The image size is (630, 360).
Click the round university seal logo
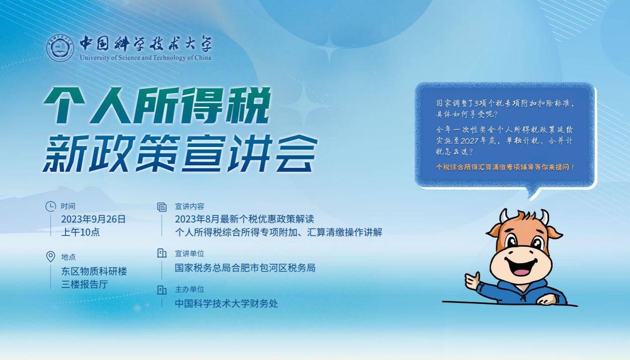60,48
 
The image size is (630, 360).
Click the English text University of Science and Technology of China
146,58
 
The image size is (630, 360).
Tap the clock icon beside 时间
51,206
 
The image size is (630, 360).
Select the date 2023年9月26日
93,219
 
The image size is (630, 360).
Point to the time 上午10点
80,232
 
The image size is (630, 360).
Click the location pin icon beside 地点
51,257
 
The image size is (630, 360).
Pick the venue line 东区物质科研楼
94,271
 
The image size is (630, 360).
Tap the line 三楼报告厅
84,285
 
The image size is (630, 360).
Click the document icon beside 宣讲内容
161,207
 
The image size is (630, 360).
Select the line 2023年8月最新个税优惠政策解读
244,219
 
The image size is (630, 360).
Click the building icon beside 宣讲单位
161,253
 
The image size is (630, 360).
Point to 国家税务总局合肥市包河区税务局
245,268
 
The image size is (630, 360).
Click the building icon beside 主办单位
161,290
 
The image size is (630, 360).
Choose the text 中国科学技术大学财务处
227,303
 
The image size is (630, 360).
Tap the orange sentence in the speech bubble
505,167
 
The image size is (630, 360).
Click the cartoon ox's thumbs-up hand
472,281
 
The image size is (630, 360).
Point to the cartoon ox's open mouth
521,268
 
